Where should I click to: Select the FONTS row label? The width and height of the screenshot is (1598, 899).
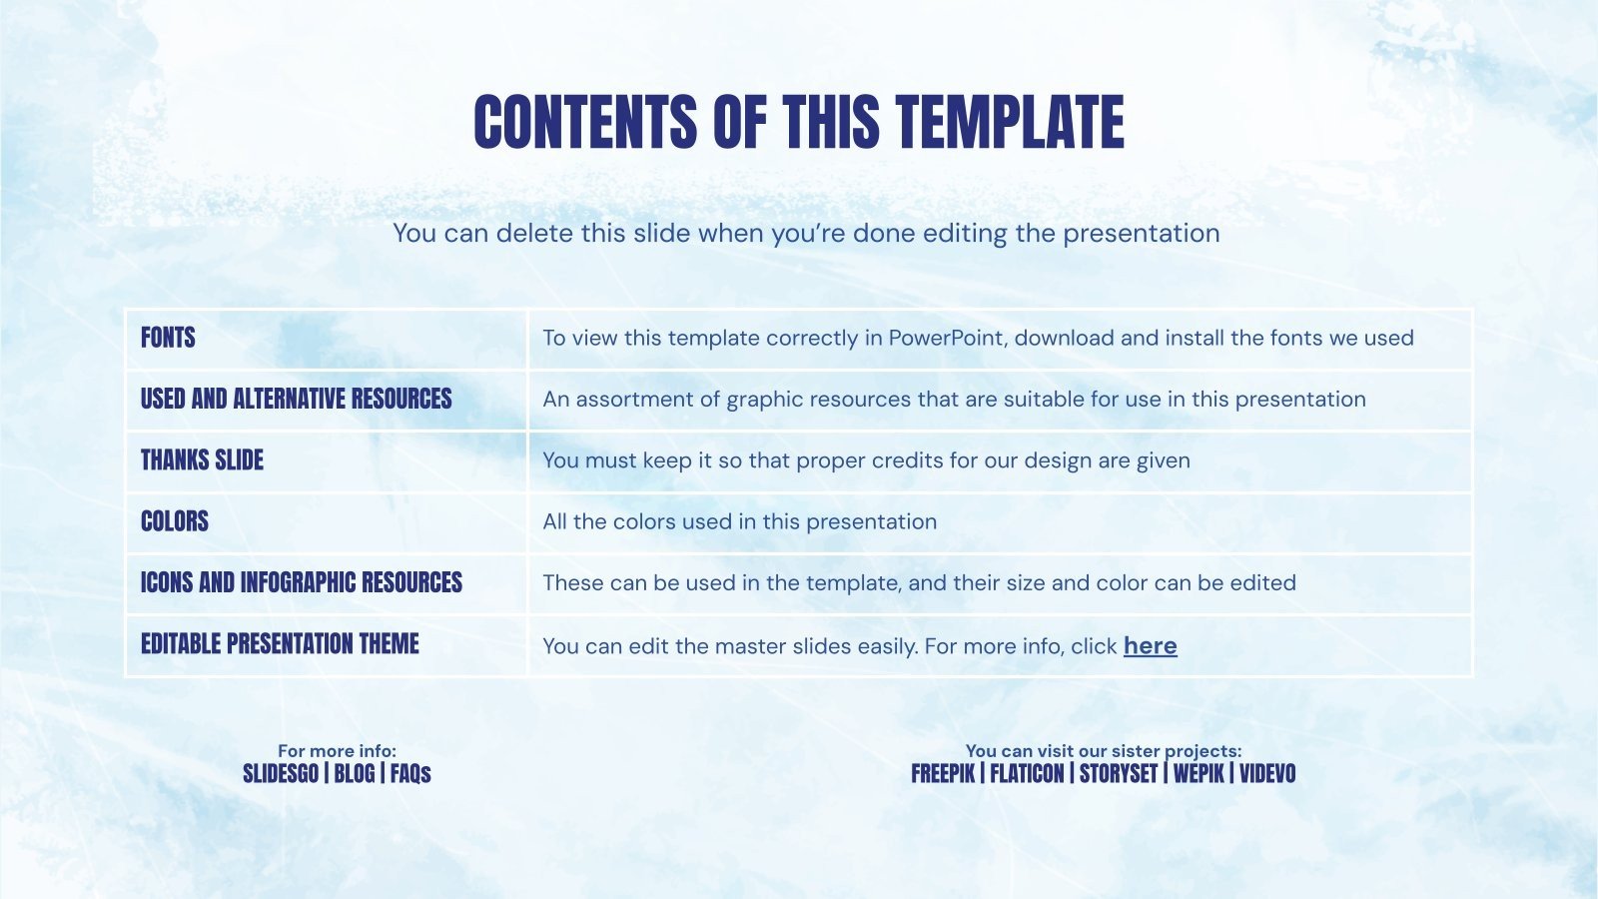(x=168, y=338)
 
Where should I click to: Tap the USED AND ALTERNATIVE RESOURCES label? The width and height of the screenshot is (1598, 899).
(x=296, y=399)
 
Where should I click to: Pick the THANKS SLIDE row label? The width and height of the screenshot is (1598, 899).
(x=202, y=460)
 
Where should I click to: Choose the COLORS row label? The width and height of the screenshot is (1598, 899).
(x=175, y=521)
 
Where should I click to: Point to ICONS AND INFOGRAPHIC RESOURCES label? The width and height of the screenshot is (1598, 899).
(x=301, y=582)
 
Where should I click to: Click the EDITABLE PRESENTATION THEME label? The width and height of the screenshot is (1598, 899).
(x=280, y=644)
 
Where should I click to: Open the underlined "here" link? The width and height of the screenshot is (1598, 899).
(x=1150, y=646)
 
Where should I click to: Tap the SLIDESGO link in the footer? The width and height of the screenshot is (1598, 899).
(x=281, y=774)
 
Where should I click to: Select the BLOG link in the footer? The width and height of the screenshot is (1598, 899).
(x=355, y=774)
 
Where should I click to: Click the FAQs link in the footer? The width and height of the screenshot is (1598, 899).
(x=410, y=774)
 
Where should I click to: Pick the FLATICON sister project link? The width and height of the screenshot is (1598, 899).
(x=1027, y=774)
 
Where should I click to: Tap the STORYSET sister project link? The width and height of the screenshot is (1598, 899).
(x=1119, y=774)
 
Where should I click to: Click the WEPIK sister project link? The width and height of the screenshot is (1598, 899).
(x=1198, y=774)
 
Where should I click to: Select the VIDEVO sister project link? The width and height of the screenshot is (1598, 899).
(x=1267, y=774)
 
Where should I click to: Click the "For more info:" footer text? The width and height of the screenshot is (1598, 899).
(x=337, y=751)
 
